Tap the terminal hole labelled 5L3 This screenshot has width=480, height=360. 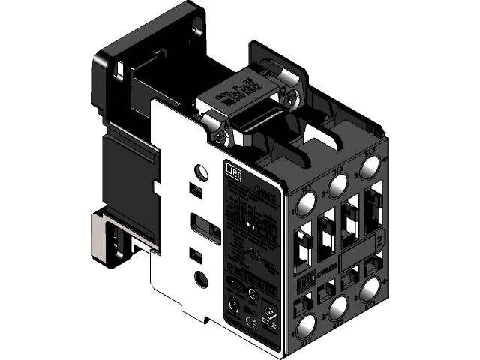coord(368,166)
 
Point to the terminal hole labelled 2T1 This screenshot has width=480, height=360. coord(308,327)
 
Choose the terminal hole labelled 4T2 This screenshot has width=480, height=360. coord(338,307)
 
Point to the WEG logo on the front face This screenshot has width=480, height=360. coord(305,285)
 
